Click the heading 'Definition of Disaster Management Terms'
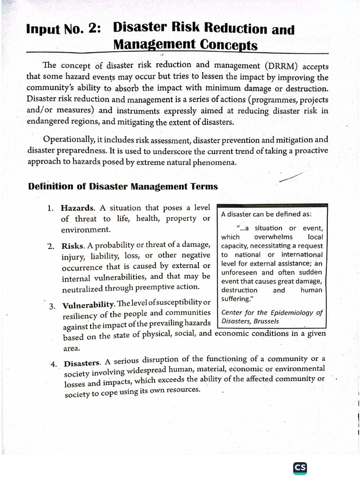tap(123, 187)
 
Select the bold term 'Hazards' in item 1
tap(78, 208)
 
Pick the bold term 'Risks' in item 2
tap(73, 245)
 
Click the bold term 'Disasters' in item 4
tap(82, 363)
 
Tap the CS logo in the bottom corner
tap(300, 468)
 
